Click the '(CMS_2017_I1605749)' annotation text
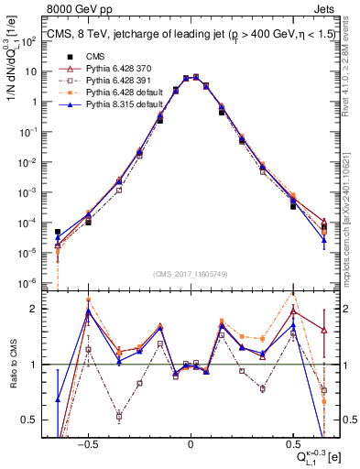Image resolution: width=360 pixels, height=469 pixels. [190, 274]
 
